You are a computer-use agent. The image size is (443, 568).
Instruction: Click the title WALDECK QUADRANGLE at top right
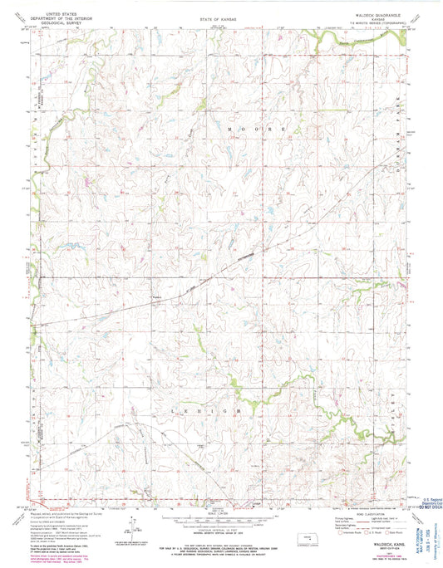tap(373, 14)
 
